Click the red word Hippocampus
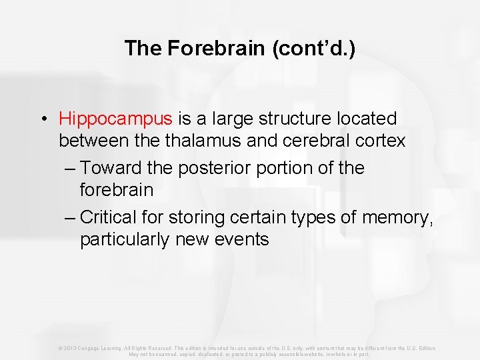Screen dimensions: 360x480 (115, 119)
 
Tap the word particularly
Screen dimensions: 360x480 (125, 239)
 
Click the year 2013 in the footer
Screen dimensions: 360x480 (67, 348)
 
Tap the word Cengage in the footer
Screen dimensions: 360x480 (90, 348)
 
